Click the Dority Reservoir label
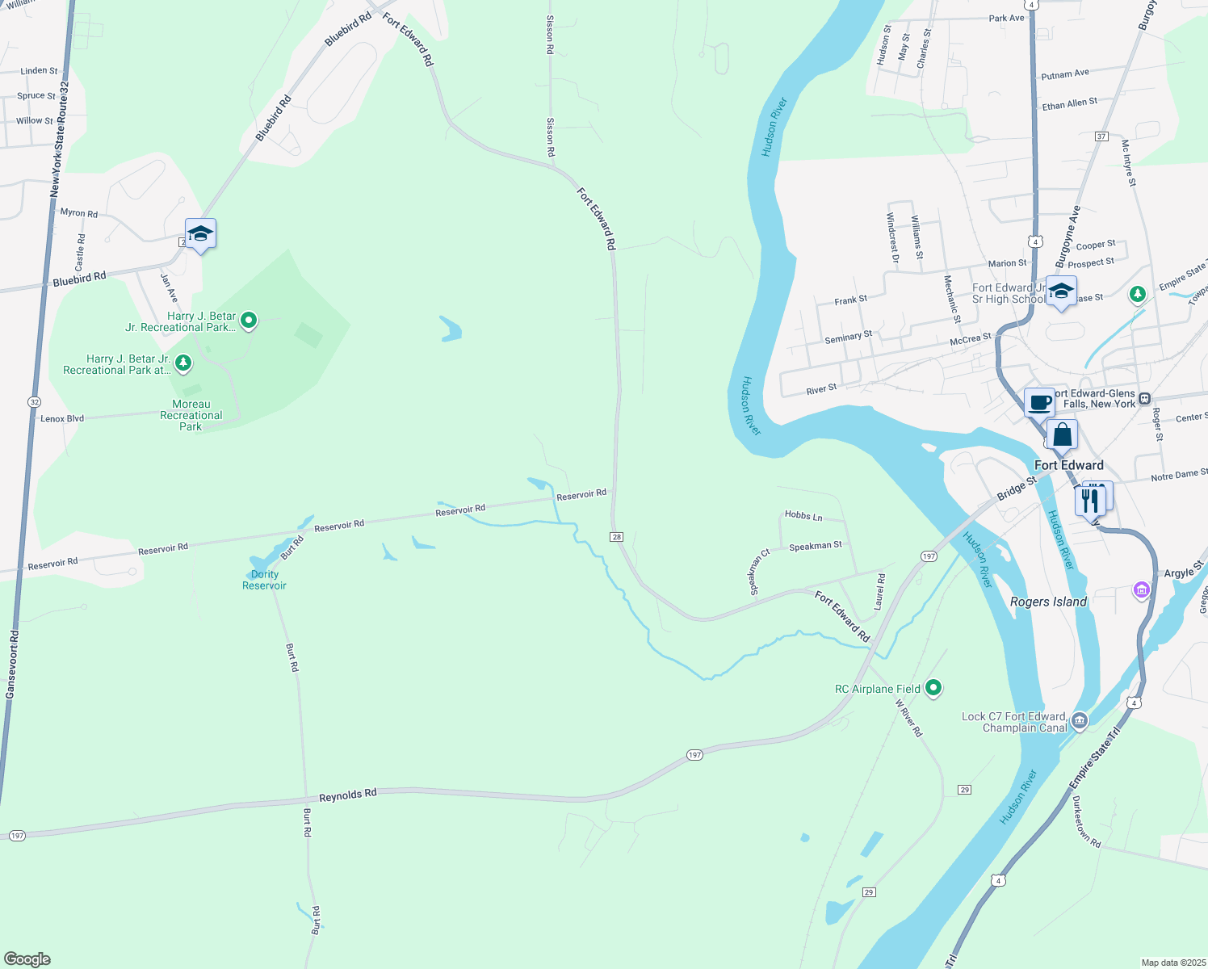pyautogui.click(x=264, y=580)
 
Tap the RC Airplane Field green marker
pyautogui.click(x=933, y=688)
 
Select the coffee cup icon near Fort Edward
pyautogui.click(x=1039, y=401)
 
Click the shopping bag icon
pyautogui.click(x=1063, y=434)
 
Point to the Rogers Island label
pyautogui.click(x=1048, y=602)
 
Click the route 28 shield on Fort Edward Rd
pyautogui.click(x=617, y=537)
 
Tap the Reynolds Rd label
pyautogui.click(x=347, y=795)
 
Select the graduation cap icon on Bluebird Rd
pyautogui.click(x=200, y=234)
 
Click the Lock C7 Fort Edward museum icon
pyautogui.click(x=1080, y=720)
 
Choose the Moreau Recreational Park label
pyautogui.click(x=191, y=415)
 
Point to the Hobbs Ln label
pyautogui.click(x=803, y=515)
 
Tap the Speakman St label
pyautogui.click(x=816, y=547)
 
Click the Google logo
pyautogui.click(x=27, y=959)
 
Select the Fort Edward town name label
pyautogui.click(x=1068, y=465)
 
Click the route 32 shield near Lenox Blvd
pyautogui.click(x=34, y=401)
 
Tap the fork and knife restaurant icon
pyautogui.click(x=1090, y=500)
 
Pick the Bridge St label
pyautogui.click(x=1017, y=489)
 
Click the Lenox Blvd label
pyautogui.click(x=62, y=418)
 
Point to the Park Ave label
pyautogui.click(x=1006, y=18)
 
